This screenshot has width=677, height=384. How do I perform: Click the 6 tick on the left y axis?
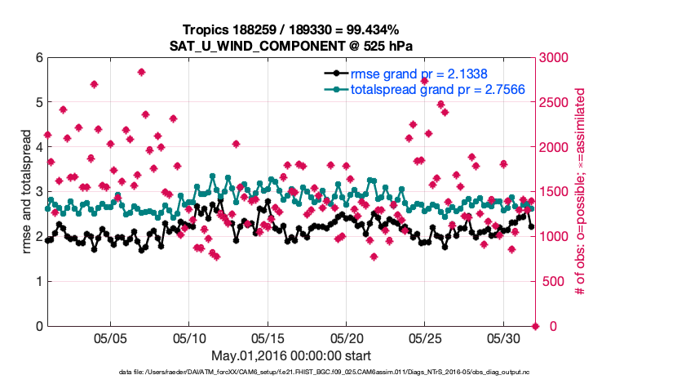[x=39, y=58]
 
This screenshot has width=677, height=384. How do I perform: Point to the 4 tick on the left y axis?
[x=39, y=147]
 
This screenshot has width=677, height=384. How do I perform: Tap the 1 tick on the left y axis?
[x=39, y=281]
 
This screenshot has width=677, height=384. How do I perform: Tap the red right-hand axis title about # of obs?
[x=582, y=192]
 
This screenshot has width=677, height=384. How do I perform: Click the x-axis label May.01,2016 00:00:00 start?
[x=291, y=355]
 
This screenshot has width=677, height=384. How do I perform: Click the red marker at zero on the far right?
[x=535, y=326]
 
